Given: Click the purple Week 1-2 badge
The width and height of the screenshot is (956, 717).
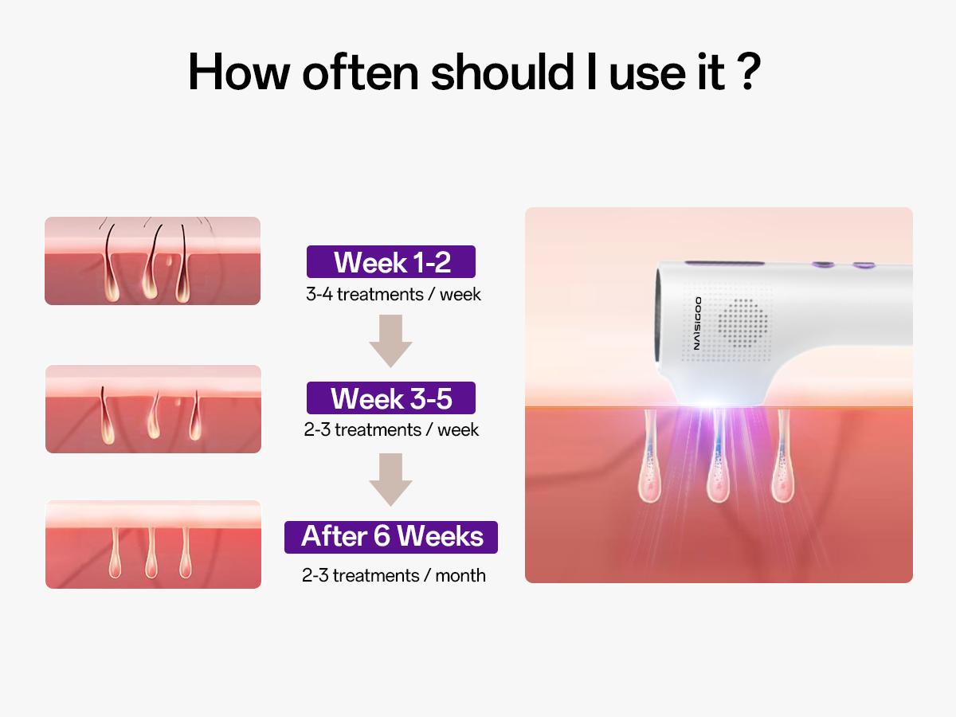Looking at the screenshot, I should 391,262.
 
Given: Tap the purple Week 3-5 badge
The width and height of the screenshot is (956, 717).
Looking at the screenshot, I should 391,398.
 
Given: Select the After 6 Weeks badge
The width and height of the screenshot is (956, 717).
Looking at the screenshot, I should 391,537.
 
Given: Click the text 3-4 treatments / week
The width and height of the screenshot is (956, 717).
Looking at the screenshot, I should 394,295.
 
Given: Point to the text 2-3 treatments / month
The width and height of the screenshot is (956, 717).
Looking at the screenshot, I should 394,575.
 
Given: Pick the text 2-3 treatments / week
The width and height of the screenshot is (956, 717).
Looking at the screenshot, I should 391,430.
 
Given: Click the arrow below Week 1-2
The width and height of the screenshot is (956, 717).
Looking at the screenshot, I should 390,340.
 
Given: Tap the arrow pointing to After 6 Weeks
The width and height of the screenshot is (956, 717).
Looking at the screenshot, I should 390,479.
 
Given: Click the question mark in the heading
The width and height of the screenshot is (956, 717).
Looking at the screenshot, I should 746,72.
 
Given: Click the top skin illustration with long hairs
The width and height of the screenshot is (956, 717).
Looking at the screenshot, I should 152,261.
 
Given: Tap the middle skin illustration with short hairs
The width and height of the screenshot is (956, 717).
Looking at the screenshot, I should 153,409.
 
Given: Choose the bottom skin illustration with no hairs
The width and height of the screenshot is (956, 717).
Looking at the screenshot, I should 153,544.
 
